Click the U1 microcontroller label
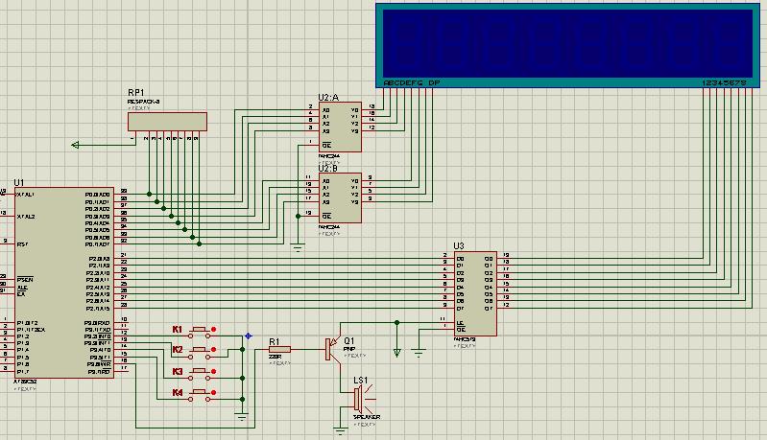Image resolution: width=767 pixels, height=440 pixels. pyautogui.click(x=18, y=182)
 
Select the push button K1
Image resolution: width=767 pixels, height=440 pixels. pyautogui.click(x=202, y=331)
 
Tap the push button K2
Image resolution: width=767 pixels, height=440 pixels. pyautogui.click(x=202, y=351)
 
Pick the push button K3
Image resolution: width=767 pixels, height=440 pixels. pyautogui.click(x=202, y=372)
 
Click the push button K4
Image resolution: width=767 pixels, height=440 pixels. pyautogui.click(x=202, y=393)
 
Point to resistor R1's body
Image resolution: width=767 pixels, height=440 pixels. pyautogui.click(x=280, y=349)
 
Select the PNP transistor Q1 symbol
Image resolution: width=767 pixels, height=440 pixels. pyautogui.click(x=331, y=349)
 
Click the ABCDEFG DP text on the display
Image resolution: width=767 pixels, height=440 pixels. pyautogui.click(x=411, y=83)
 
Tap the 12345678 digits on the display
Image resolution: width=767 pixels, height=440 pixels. pyautogui.click(x=726, y=83)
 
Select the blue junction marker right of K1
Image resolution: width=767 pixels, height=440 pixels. pyautogui.click(x=248, y=336)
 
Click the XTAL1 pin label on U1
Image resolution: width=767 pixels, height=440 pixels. pyautogui.click(x=26, y=195)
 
